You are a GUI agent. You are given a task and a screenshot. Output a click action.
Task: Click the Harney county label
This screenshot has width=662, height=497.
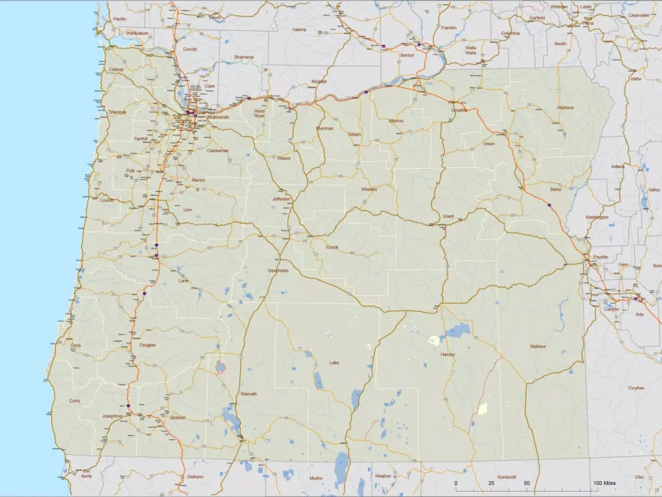448,354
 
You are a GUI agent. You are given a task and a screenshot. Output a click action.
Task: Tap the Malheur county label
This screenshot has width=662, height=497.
538,346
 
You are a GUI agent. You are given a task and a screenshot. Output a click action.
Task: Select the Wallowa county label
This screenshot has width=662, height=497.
565,108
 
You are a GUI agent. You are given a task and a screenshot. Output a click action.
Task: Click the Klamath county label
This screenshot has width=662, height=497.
248,394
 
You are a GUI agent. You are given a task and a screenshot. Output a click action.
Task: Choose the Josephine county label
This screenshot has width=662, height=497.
111,416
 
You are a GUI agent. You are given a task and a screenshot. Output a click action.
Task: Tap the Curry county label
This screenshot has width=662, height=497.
74,401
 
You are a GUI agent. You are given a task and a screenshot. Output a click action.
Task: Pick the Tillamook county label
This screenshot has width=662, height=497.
117,111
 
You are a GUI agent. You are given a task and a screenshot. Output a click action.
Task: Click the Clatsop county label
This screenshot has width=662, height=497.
117,69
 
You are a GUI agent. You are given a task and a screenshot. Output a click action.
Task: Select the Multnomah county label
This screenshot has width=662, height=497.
217,117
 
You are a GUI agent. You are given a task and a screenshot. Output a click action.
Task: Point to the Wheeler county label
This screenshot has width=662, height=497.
369,189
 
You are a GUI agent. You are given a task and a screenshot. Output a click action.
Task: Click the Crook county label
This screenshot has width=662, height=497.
332,247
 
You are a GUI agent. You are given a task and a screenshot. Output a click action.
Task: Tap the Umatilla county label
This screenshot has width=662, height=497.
459,110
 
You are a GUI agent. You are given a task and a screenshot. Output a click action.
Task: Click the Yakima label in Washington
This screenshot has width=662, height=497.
299,29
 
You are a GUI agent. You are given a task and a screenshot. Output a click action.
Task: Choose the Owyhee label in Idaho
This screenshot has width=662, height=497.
636,388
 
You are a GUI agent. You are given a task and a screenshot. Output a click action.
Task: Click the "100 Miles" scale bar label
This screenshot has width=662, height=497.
605,483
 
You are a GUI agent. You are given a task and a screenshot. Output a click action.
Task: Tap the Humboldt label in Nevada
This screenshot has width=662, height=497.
507,476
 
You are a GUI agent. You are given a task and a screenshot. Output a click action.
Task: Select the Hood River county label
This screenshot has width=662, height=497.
260,113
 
